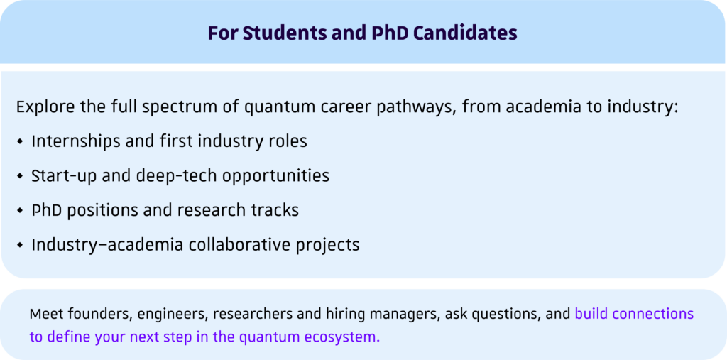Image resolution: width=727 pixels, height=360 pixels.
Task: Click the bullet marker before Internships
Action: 19,141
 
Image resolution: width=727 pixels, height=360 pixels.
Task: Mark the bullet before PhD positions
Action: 19,211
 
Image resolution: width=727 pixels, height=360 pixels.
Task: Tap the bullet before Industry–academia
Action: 19,245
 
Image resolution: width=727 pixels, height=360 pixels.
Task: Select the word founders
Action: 99,314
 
